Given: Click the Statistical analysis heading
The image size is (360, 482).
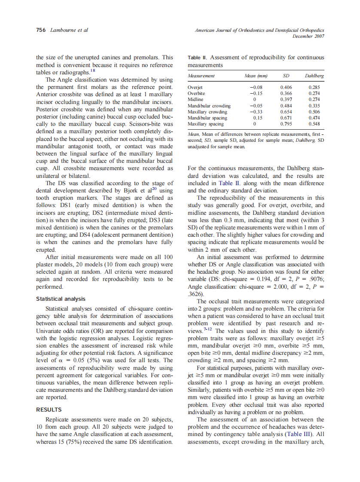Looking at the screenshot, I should coord(60,299).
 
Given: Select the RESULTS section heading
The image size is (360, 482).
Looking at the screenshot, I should coord(49,410).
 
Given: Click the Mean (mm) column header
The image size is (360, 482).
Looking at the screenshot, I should coord(256,76).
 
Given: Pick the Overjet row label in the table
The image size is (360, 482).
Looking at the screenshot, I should coord(195,87).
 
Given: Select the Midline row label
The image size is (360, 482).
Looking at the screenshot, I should coord(196,99).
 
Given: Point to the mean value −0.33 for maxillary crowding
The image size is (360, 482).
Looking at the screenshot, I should coord(256,112).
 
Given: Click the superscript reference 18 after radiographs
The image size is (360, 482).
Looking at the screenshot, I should coord(92,70).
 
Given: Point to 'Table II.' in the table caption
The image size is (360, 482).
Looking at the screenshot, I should coord(198,58).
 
